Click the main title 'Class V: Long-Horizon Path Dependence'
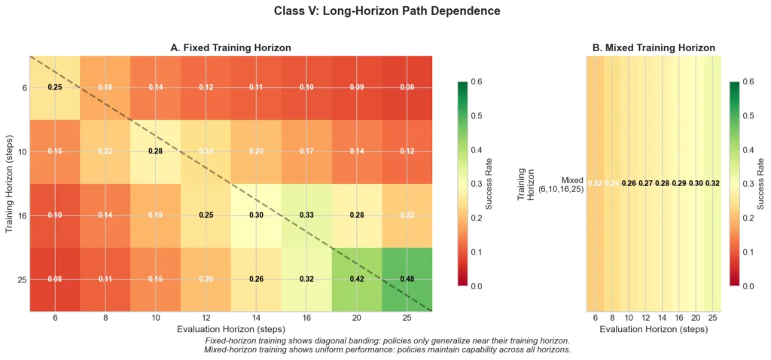coord(385,11)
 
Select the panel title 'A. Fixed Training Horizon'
coord(230,47)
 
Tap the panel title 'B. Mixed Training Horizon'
coord(654,47)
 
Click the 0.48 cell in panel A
coord(407,279)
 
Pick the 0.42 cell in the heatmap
coord(357,279)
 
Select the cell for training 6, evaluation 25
coord(407,87)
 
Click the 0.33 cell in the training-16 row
coord(306,215)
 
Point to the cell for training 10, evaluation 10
coord(155,151)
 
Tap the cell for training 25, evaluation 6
coord(54,279)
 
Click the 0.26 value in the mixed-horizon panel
coord(629,184)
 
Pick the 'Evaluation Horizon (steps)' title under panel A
coord(230,330)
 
